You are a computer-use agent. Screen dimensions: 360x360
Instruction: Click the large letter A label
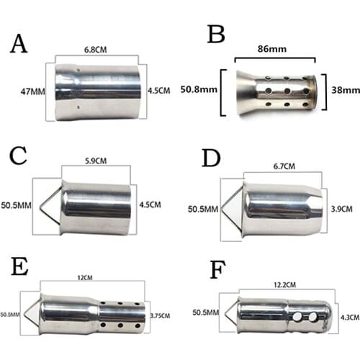[x=19, y=43]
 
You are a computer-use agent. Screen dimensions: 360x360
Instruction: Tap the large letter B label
[x=216, y=35]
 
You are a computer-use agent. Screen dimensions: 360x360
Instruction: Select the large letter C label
[x=18, y=156]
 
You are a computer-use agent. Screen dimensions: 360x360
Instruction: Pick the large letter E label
[x=19, y=266]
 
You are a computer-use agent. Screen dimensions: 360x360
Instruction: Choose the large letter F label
[x=218, y=270]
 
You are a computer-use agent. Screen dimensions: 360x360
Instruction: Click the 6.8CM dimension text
[x=96, y=50]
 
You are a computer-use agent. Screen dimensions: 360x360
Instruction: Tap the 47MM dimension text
[x=33, y=91]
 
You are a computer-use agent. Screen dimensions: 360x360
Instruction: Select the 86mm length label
[x=272, y=49]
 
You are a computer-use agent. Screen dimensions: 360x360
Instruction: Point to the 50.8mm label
[x=199, y=89]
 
